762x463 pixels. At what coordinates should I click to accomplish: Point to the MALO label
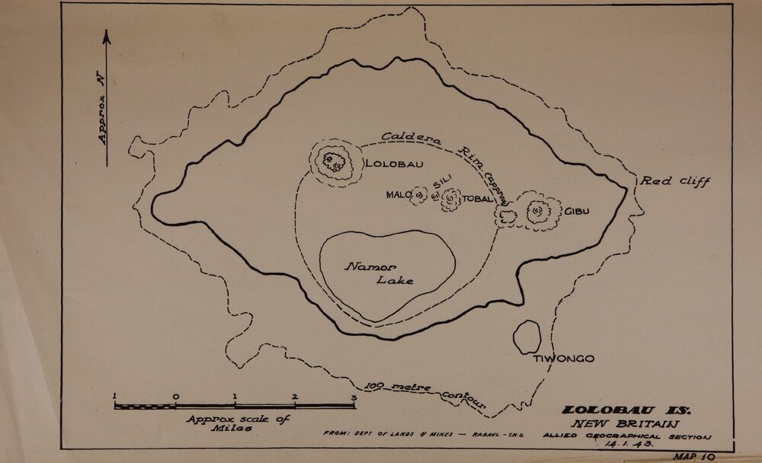point(399,195)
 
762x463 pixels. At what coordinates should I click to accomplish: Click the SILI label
point(442,184)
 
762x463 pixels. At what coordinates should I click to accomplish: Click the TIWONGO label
point(563,359)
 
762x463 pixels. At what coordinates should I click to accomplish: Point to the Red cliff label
point(674,181)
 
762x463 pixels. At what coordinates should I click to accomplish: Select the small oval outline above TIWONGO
point(526,336)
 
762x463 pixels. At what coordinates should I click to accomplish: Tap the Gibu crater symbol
point(538,210)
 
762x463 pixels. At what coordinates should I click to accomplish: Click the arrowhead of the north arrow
point(107,35)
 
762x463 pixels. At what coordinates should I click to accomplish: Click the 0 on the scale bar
point(175,396)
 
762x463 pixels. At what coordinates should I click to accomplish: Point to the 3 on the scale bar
point(353,396)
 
